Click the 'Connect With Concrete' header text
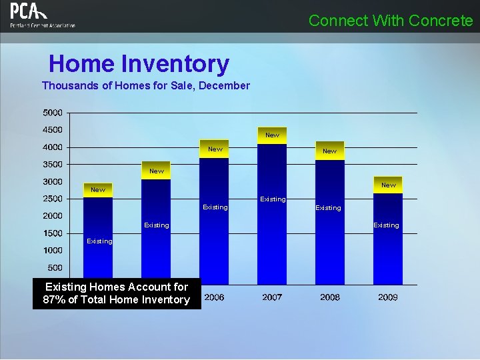coord(391,21)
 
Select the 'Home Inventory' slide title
coord(139,64)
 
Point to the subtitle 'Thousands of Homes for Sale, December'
coord(145,85)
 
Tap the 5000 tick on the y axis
coord(53,112)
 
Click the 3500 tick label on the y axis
coord(53,164)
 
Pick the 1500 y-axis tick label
coord(53,233)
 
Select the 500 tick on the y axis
coord(55,268)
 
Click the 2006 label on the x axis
coord(214,297)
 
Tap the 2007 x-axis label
coord(272,297)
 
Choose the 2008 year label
coord(330,297)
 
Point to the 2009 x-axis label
coord(388,297)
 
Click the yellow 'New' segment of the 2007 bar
coord(272,135)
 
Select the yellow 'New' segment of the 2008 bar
coord(330,151)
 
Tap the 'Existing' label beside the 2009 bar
coord(386,225)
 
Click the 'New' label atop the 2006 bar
coord(215,149)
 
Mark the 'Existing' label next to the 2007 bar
coord(273,199)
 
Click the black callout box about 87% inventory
coord(116,293)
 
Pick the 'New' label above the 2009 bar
coord(388,185)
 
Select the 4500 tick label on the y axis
coord(53,129)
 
